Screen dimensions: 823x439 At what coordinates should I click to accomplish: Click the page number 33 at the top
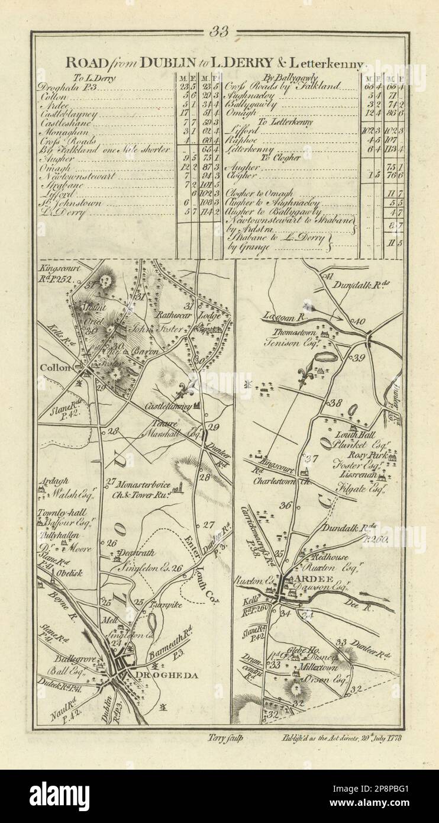pyautogui.click(x=219, y=32)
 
